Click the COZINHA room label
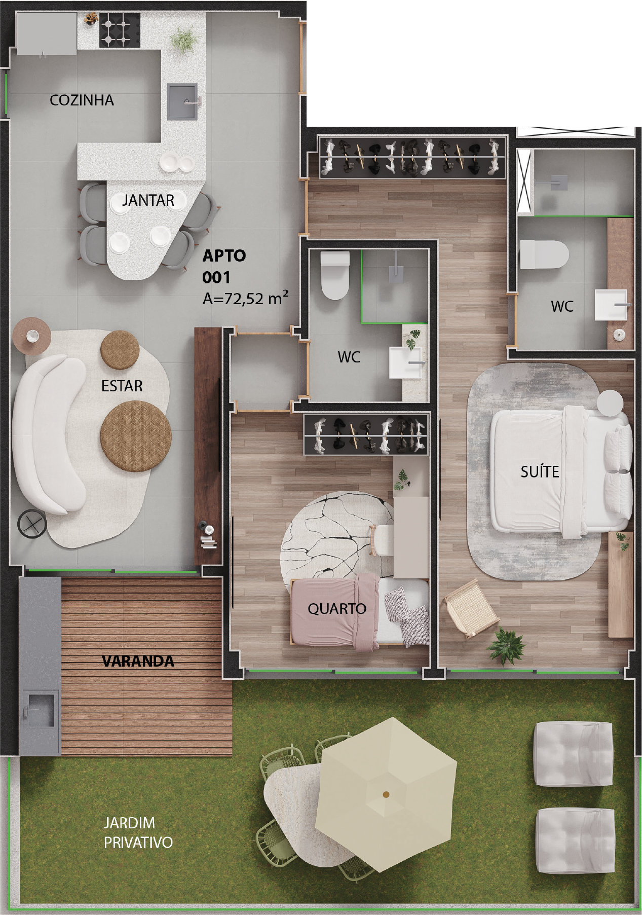[82, 100]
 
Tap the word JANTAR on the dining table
[148, 200]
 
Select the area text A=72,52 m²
[245, 298]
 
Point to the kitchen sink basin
[182, 102]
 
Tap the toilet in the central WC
[335, 276]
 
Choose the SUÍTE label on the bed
[540, 472]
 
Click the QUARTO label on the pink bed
[337, 608]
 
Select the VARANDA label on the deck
[138, 661]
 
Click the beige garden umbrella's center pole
[386, 794]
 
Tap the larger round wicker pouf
[136, 436]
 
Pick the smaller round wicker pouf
[120, 350]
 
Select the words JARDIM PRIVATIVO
[138, 832]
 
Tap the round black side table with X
[32, 524]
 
